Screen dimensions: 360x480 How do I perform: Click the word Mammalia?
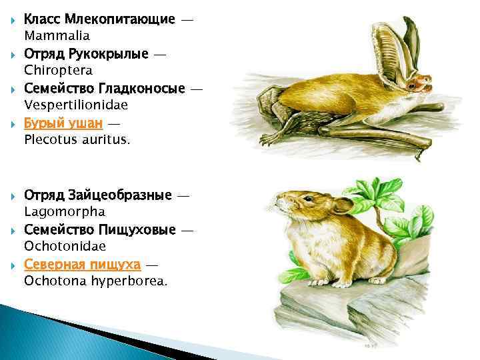pos(57,35)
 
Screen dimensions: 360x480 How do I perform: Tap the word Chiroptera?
pos(58,70)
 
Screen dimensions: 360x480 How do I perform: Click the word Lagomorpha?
pos(65,212)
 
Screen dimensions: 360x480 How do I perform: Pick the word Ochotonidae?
pos(65,247)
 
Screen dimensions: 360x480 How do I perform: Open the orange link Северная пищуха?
pos(82,265)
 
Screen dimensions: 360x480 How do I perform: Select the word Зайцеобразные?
pos(119,195)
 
